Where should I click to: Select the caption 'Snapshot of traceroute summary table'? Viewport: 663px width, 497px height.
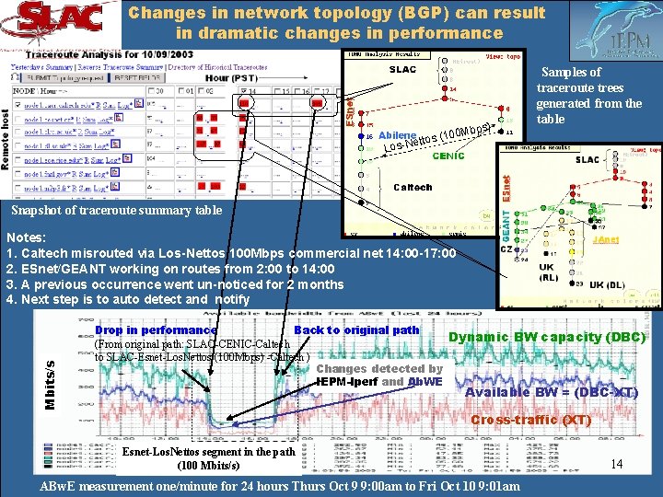click(x=116, y=210)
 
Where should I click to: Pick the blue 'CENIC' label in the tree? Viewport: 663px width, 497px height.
click(x=448, y=156)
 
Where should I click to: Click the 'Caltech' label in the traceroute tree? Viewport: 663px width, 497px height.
click(x=413, y=187)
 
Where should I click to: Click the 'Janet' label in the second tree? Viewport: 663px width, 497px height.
click(x=606, y=238)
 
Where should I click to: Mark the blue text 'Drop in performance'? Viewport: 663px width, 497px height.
click(x=156, y=329)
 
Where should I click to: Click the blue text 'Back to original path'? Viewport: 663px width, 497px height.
click(x=356, y=329)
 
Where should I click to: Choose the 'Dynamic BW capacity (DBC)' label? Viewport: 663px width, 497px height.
click(x=546, y=337)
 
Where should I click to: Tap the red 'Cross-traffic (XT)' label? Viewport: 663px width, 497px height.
click(x=530, y=420)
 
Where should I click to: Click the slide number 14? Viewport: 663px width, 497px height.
click(x=617, y=465)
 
